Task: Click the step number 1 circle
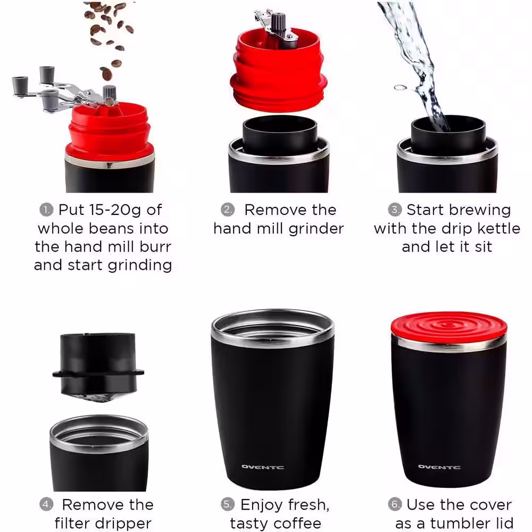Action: (x=46, y=210)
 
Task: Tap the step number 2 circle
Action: (x=228, y=210)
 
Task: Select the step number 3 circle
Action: (x=395, y=210)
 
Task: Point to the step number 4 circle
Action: (x=47, y=504)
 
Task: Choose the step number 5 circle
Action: (x=228, y=504)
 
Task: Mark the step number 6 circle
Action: (x=395, y=504)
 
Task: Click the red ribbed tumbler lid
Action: (x=448, y=326)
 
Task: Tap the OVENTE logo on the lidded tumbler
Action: (x=439, y=467)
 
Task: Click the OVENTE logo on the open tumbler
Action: (x=262, y=467)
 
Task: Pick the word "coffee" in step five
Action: (x=297, y=523)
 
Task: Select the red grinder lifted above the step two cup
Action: (x=278, y=69)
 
